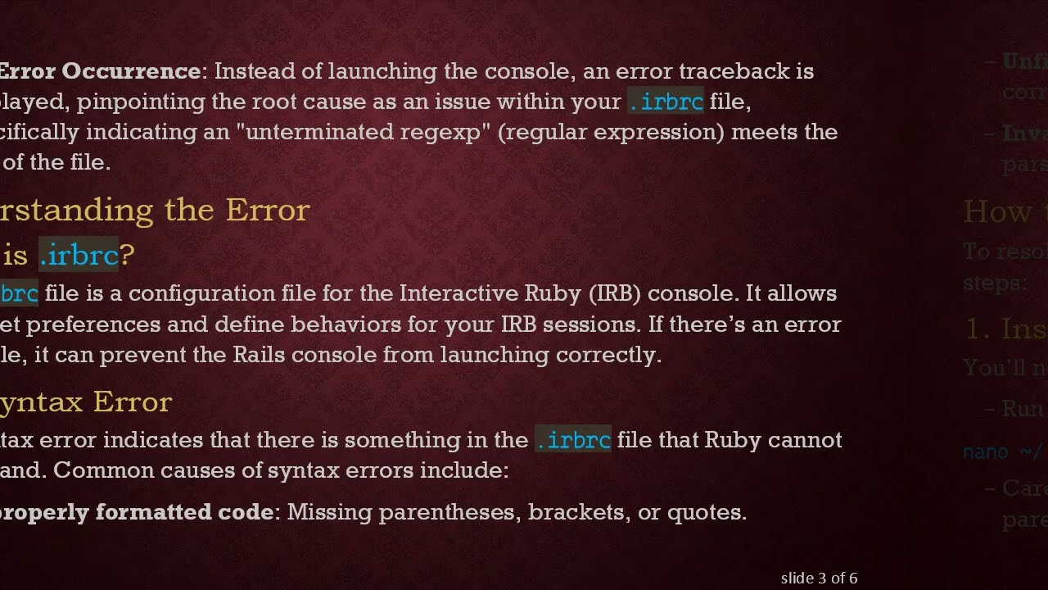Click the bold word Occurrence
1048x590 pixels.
(131, 71)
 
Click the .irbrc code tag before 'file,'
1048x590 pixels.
(665, 102)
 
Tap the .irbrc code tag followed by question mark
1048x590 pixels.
(79, 256)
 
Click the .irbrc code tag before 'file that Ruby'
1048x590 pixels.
(572, 440)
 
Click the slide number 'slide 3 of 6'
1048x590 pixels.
(819, 579)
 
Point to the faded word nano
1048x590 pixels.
(982, 452)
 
